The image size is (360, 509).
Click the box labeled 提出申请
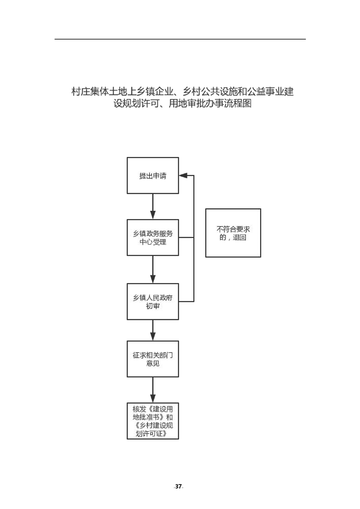(153, 176)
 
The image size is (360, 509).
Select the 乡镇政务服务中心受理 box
(153, 237)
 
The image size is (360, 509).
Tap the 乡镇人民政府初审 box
(153, 301)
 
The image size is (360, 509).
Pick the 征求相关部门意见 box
(153, 359)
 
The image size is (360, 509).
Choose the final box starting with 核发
(153, 421)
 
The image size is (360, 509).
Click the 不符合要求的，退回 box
(233, 233)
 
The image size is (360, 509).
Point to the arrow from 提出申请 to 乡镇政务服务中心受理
(153, 206)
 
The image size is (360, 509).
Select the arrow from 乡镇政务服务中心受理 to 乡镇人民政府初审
(153, 269)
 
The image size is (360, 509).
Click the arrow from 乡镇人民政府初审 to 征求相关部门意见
(153, 330)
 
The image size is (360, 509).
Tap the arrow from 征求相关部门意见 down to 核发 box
(153, 389)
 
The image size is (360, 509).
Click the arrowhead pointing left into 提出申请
(182, 175)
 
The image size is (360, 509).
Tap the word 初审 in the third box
(153, 306)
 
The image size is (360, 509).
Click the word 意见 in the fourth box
(153, 364)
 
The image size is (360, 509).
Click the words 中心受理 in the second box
(153, 242)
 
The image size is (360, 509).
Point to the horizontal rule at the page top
(180, 39)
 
